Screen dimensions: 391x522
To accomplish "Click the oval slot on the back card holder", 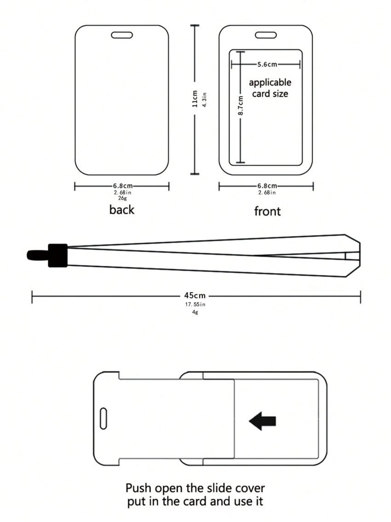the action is [122, 35].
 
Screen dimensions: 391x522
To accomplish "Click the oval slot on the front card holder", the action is [266, 35].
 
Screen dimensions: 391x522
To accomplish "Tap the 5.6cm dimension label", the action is [267, 64].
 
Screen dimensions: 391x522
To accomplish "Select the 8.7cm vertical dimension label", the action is [241, 106].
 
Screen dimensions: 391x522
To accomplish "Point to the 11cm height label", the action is [195, 99].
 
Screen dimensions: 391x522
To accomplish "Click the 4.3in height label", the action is [205, 100].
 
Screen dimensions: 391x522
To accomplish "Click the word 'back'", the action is [122, 210].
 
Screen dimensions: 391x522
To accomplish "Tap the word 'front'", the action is [267, 211].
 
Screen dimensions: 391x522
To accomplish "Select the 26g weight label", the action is [122, 198].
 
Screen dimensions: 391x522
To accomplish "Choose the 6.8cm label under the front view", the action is [267, 186].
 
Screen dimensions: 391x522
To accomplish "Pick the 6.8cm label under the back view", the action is [123, 186].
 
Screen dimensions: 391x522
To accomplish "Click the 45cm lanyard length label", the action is [195, 295].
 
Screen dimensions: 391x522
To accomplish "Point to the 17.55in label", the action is [195, 304].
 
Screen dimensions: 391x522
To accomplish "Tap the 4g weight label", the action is [195, 312].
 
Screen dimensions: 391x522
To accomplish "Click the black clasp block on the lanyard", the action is [58, 255].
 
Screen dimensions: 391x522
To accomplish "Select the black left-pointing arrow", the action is [262, 421].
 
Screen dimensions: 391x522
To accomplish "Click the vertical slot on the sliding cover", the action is [103, 418].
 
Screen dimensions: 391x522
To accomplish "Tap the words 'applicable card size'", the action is [270, 88].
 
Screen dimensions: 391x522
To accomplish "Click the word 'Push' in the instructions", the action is [138, 488].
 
